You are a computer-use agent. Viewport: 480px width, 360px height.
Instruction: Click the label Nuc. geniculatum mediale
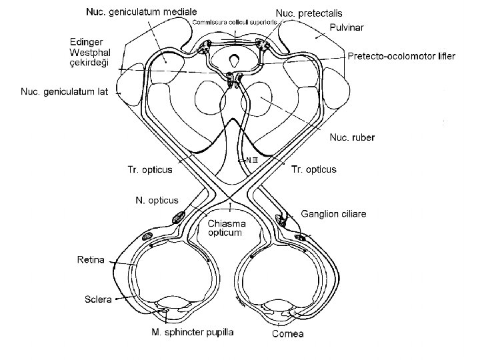pyautogui.click(x=141, y=11)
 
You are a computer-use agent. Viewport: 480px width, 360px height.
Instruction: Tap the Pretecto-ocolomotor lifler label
pyautogui.click(x=402, y=57)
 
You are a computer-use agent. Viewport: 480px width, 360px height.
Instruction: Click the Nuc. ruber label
pyautogui.click(x=353, y=137)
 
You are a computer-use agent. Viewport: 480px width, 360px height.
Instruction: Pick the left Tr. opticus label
pyautogui.click(x=149, y=169)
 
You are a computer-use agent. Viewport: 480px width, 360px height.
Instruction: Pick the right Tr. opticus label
pyautogui.click(x=314, y=169)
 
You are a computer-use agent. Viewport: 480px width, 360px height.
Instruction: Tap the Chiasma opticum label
pyautogui.click(x=229, y=228)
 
